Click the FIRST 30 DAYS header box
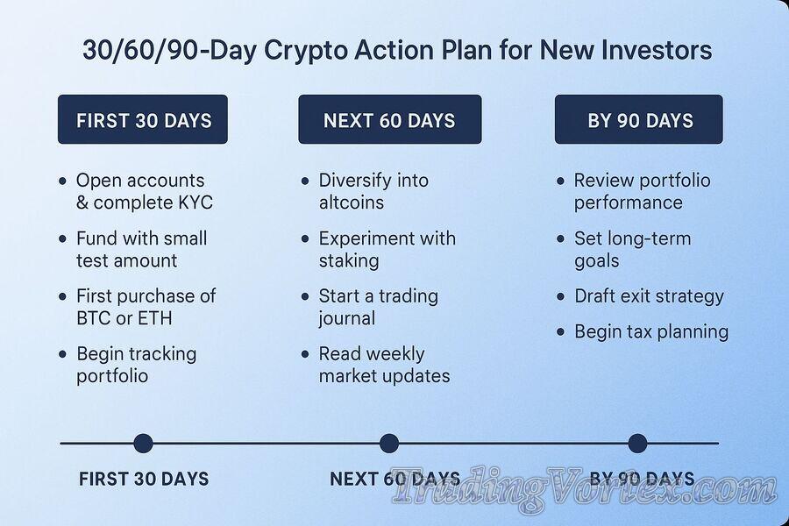click(x=143, y=120)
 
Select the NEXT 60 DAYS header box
click(x=389, y=120)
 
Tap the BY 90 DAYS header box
click(x=639, y=120)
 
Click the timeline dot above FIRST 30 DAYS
click(x=143, y=444)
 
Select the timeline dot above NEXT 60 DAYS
click(x=389, y=444)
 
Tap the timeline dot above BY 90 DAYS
click(x=637, y=444)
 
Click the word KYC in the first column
click(x=193, y=203)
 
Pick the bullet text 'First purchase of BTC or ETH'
click(x=146, y=307)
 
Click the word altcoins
click(x=351, y=203)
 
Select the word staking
click(x=348, y=260)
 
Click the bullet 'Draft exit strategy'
click(x=649, y=296)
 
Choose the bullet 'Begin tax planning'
click(x=650, y=331)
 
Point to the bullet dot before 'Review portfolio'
click(x=560, y=181)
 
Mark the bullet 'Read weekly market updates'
click(x=384, y=365)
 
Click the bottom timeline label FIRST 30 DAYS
click(x=144, y=480)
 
